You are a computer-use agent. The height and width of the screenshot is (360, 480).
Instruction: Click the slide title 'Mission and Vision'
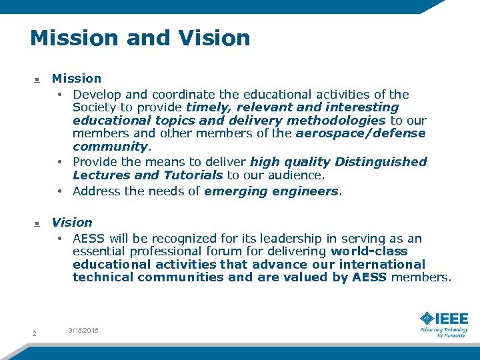140,37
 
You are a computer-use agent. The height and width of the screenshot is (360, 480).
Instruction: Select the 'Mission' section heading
77,79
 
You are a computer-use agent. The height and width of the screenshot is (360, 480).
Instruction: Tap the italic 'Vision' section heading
72,222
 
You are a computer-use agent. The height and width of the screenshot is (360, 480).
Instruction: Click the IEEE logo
444,318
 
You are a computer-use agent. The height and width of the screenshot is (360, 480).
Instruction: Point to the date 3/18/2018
83,330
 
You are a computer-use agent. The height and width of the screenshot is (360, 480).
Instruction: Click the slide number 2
34,333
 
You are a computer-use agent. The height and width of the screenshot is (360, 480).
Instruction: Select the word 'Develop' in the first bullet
95,95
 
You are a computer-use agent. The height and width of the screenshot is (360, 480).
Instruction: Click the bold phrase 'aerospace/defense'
361,133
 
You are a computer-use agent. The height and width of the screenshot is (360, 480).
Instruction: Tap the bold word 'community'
110,146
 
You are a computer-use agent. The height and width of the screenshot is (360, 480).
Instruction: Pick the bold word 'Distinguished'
381,162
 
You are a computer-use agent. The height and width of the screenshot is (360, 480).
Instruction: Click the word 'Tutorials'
192,175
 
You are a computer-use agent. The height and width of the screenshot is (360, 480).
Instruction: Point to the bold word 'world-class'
369,251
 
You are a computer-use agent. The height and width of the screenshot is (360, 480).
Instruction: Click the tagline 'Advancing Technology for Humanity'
443,332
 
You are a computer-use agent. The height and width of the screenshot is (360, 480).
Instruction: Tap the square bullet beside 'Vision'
37,224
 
